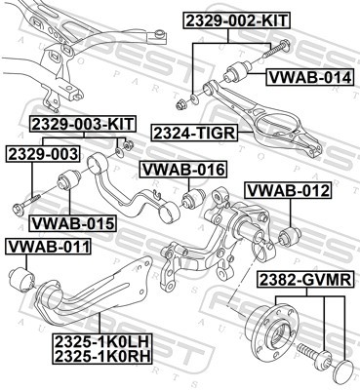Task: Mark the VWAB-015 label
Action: [x=71, y=223]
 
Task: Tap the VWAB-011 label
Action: [x=48, y=244]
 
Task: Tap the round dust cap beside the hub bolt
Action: [x=342, y=368]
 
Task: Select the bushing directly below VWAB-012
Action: [x=289, y=236]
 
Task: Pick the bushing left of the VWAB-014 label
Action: [x=239, y=72]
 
